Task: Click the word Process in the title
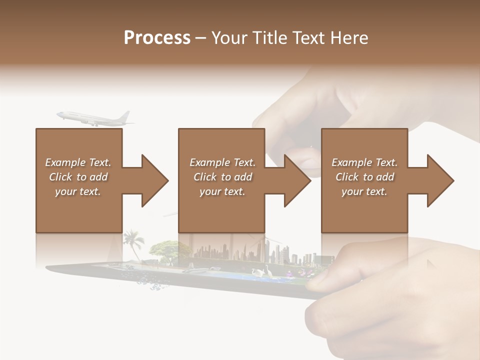157,38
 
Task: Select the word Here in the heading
350,38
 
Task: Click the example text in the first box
78,177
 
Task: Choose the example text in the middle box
222,177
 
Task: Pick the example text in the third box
364,177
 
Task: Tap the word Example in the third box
352,162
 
